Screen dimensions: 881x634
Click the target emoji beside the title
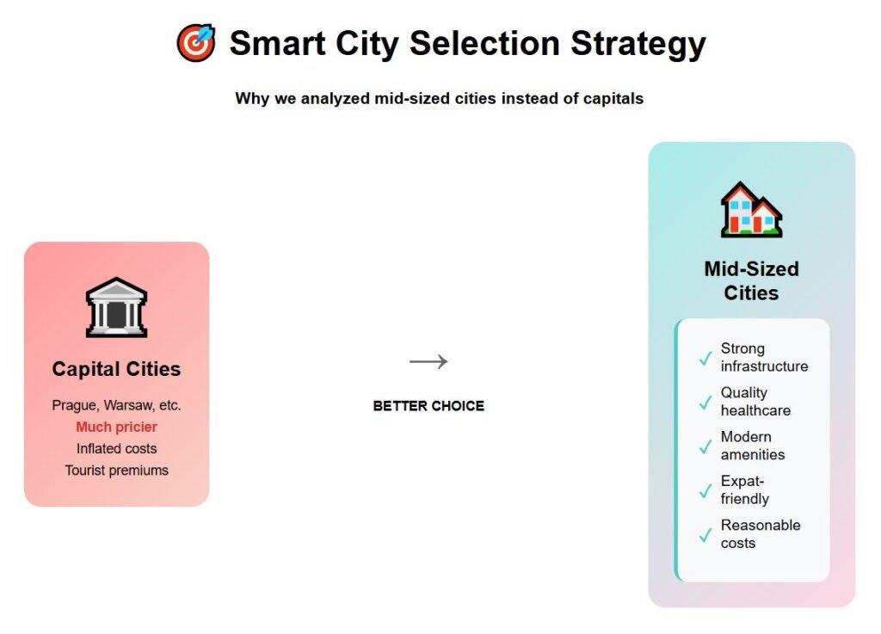click(x=196, y=43)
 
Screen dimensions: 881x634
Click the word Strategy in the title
click(x=638, y=44)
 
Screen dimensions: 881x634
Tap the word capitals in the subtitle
click(x=613, y=99)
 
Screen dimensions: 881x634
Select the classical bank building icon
click(x=116, y=307)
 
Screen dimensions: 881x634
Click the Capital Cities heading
click(x=116, y=369)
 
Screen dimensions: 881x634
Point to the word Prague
click(x=74, y=405)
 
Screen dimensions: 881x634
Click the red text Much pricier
click(x=116, y=427)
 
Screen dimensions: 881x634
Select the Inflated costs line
click(x=116, y=449)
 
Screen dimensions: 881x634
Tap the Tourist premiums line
click(x=116, y=471)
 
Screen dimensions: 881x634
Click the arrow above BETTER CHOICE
click(x=428, y=361)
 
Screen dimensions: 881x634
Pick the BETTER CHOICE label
click(x=428, y=406)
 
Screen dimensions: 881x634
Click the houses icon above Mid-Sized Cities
click(x=751, y=209)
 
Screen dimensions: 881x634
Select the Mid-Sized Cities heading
click(x=751, y=280)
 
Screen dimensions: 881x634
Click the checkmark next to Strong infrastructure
click(x=705, y=358)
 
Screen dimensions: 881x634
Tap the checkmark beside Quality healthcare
click(x=705, y=402)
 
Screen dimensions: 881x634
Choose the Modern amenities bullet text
click(x=752, y=446)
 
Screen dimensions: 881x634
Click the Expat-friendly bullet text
click(x=745, y=489)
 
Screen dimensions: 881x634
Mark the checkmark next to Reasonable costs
click(x=705, y=535)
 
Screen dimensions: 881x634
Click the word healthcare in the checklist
click(x=755, y=410)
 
